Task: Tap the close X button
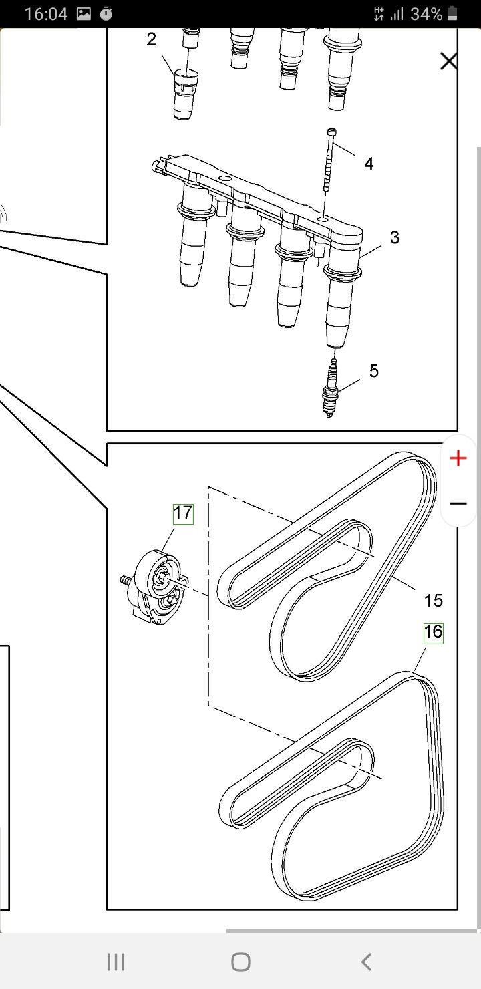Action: pos(449,62)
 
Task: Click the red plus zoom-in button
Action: pos(458,458)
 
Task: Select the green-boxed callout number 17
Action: pos(182,513)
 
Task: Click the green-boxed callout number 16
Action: pos(433,631)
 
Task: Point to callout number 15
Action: pos(433,600)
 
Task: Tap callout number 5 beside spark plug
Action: pos(373,371)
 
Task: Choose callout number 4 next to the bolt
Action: pos(369,163)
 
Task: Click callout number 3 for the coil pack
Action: pos(394,237)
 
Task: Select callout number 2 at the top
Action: pos(152,39)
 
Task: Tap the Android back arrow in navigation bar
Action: pos(365,962)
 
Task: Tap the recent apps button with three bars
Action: pos(116,962)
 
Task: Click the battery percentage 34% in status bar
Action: pos(426,14)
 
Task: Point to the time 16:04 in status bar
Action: pos(45,14)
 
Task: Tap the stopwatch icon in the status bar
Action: pos(106,14)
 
